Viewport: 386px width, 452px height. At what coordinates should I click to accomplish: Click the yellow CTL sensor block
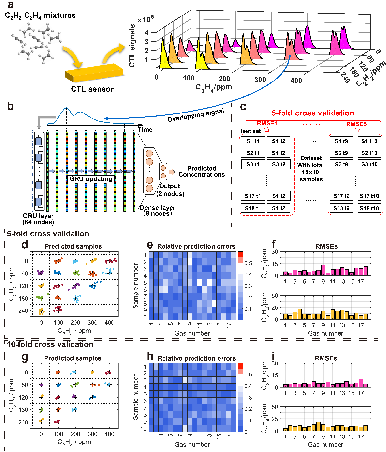coord(93,73)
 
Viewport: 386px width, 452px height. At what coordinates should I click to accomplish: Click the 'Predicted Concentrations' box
coord(201,172)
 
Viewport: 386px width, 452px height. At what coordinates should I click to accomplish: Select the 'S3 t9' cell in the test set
coord(341,164)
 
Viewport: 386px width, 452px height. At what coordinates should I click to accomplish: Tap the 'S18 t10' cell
coord(369,208)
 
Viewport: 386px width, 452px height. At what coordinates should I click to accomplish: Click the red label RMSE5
coord(356,124)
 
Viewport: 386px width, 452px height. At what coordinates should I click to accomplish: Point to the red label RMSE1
coord(267,123)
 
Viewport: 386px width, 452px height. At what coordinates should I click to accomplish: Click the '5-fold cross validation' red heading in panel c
coord(312,113)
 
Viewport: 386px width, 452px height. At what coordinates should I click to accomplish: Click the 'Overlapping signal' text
coord(195,115)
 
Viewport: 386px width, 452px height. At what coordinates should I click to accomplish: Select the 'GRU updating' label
coord(91,179)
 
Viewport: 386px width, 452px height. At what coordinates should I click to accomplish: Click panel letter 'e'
coord(150,245)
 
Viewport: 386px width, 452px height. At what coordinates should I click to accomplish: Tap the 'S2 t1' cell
coord(252,153)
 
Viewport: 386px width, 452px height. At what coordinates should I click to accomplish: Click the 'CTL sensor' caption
coord(92,89)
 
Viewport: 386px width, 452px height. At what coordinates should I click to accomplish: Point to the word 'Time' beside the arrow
coord(145,130)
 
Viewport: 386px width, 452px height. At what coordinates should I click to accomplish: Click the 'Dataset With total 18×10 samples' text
coord(311,169)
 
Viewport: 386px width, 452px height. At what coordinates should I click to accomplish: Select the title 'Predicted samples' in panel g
coord(73,358)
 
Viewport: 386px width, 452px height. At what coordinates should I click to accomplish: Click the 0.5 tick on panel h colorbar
coord(248,375)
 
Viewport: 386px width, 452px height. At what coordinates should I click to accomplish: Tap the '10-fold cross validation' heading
coord(50,344)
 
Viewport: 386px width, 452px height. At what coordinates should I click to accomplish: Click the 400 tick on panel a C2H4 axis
coord(296,80)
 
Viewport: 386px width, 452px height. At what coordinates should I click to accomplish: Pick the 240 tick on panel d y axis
coord(23,311)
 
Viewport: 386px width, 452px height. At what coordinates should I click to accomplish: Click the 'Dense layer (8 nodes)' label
coord(158,210)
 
